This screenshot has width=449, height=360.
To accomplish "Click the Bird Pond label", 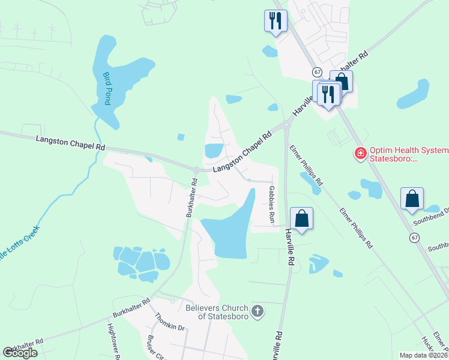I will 107,88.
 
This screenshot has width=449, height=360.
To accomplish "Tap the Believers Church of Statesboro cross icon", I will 257,311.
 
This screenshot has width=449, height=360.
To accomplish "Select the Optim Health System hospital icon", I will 360,154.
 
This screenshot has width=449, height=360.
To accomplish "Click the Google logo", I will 20,353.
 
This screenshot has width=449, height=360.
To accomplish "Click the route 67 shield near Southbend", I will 414,238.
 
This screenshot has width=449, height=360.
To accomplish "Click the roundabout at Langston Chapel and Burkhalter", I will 196,170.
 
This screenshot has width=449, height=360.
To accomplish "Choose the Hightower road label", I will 113,342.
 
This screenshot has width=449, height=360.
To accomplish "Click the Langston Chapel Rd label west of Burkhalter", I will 70,143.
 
